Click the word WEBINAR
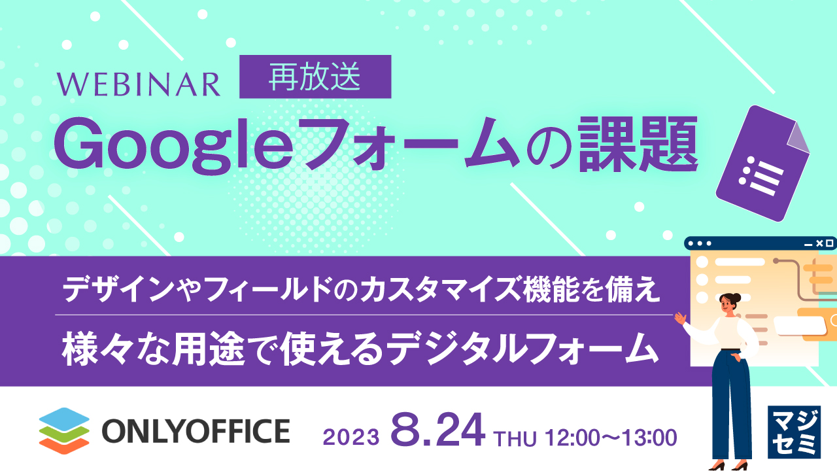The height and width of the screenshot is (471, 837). [139, 84]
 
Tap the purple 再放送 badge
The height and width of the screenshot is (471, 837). [315, 77]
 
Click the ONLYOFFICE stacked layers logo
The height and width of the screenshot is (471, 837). [63, 429]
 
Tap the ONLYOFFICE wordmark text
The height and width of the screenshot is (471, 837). [196, 431]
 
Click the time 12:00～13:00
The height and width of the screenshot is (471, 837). [613, 436]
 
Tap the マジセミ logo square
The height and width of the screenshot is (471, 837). [793, 431]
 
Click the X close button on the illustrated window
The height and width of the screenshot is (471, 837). [819, 243]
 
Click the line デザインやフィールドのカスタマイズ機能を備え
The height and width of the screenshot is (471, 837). [359, 289]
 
